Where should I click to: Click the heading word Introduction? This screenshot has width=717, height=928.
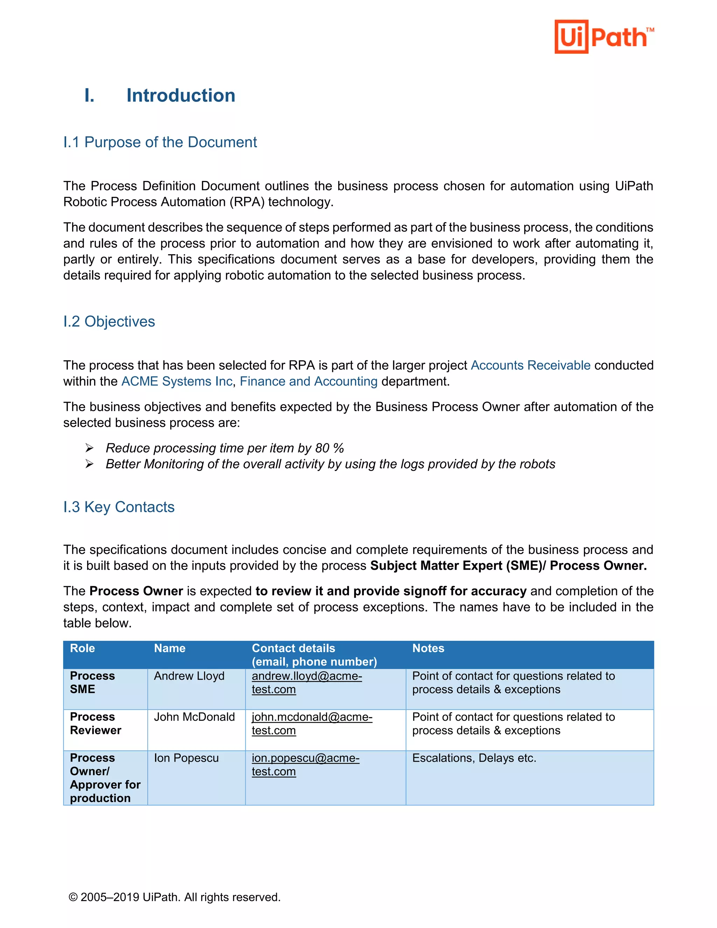tap(181, 95)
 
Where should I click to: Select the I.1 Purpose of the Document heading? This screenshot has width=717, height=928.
tap(160, 142)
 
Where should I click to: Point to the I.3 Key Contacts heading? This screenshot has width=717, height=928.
tap(119, 507)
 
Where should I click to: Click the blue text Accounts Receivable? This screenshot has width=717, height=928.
tap(530, 365)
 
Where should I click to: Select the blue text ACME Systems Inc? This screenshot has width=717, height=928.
tap(177, 381)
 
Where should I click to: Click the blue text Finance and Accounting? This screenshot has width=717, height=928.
tap(308, 381)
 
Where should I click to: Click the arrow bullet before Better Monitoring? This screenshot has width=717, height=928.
tap(89, 464)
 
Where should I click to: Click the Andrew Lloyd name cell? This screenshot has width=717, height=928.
tap(189, 676)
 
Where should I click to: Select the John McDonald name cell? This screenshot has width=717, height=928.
tap(194, 717)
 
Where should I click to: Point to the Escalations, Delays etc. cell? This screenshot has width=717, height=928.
tap(474, 758)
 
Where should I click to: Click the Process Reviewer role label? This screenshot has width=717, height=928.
tap(95, 723)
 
